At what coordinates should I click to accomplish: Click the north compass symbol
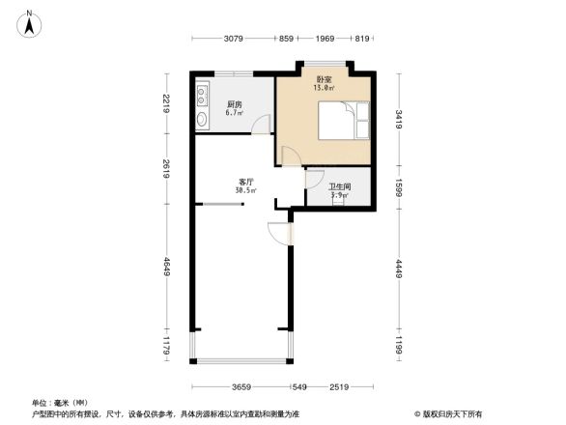(29, 22)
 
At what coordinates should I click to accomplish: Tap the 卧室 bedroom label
(324, 79)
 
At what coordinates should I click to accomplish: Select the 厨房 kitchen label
(234, 104)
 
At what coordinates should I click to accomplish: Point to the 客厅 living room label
(246, 182)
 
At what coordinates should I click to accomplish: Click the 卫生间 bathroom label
(338, 186)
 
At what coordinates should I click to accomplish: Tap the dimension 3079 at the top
(233, 39)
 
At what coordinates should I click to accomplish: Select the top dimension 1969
(324, 39)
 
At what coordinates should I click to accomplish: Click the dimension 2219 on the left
(167, 102)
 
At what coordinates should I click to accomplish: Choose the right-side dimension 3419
(397, 120)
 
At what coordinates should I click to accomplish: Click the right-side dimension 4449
(397, 267)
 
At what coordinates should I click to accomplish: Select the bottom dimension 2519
(337, 386)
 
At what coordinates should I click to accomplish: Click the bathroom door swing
(314, 178)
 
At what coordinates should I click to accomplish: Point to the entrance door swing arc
(276, 232)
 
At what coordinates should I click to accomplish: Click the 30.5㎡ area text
(245, 191)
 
